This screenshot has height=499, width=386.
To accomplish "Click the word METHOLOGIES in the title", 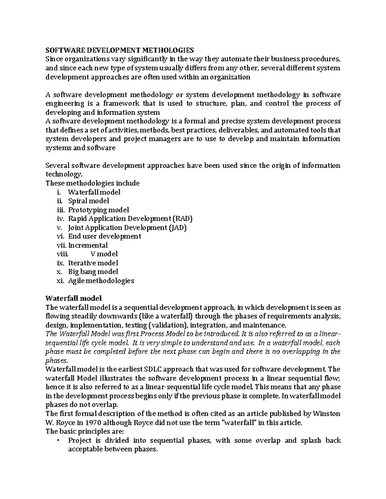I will (168, 50).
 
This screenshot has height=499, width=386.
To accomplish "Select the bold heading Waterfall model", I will (74, 298).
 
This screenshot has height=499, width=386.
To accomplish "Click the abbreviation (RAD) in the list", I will (182, 219).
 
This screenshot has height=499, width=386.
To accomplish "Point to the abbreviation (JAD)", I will (177, 228).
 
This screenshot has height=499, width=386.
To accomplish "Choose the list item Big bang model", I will (93, 272).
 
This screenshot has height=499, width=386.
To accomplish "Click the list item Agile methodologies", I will (101, 281).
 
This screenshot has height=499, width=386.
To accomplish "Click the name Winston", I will (326, 414).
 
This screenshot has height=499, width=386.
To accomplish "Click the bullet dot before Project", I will (58, 440).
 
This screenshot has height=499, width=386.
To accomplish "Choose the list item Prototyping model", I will (98, 210).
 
